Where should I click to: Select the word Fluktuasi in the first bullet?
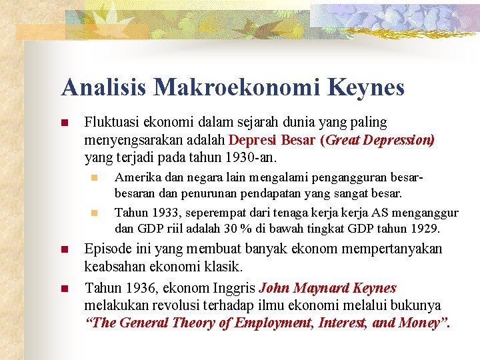(x=111, y=123)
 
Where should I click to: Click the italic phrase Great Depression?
(x=378, y=140)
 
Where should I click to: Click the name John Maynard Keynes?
(x=327, y=289)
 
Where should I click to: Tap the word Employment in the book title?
(x=261, y=323)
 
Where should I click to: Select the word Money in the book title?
(x=424, y=323)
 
